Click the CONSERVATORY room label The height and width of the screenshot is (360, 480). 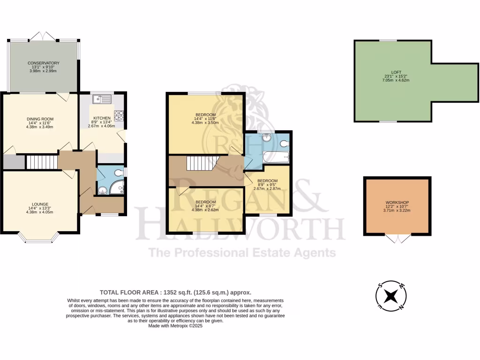click(x=43, y=63)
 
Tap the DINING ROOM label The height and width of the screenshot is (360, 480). click(x=40, y=119)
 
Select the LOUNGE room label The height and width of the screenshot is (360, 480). click(x=40, y=204)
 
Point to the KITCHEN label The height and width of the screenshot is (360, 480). click(x=102, y=118)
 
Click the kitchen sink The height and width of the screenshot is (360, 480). click(x=101, y=98)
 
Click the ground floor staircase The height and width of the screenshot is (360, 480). click(x=41, y=162)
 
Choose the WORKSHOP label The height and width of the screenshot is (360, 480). click(x=397, y=203)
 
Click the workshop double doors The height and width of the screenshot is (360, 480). click(x=397, y=239)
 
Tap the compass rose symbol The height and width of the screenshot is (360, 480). click(x=390, y=296)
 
